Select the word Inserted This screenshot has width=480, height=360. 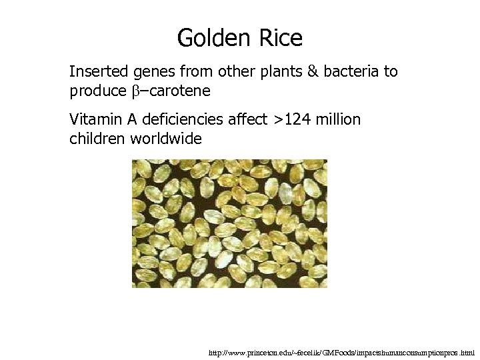(x=99, y=71)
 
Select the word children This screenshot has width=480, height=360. (x=97, y=139)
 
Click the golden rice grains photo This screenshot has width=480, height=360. (x=229, y=223)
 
